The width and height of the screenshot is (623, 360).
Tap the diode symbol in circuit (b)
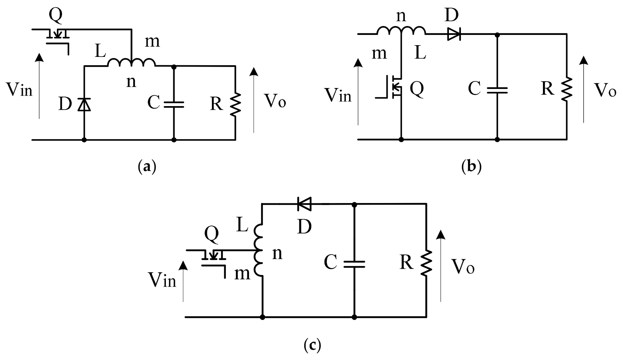pyautogui.click(x=454, y=34)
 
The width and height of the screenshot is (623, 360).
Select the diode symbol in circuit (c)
pyautogui.click(x=304, y=204)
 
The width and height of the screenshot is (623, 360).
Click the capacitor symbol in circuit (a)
pyautogui.click(x=174, y=105)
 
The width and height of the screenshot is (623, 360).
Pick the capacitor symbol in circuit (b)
pyautogui.click(x=497, y=90)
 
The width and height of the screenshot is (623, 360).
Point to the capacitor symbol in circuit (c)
pyautogui.click(x=354, y=264)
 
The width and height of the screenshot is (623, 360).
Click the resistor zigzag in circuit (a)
pyautogui.click(x=236, y=105)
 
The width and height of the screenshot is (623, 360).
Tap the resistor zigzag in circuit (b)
pyautogui.click(x=567, y=89)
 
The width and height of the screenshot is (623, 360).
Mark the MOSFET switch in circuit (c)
pyautogui.click(x=213, y=261)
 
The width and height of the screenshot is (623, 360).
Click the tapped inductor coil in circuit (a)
pyautogui.click(x=131, y=63)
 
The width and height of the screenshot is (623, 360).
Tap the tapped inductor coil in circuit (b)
pyautogui.click(x=401, y=31)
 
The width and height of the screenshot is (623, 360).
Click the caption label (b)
pyautogui.click(x=471, y=166)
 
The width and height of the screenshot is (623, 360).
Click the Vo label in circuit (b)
pyautogui.click(x=605, y=90)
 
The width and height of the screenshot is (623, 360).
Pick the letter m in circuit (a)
pyautogui.click(x=152, y=42)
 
